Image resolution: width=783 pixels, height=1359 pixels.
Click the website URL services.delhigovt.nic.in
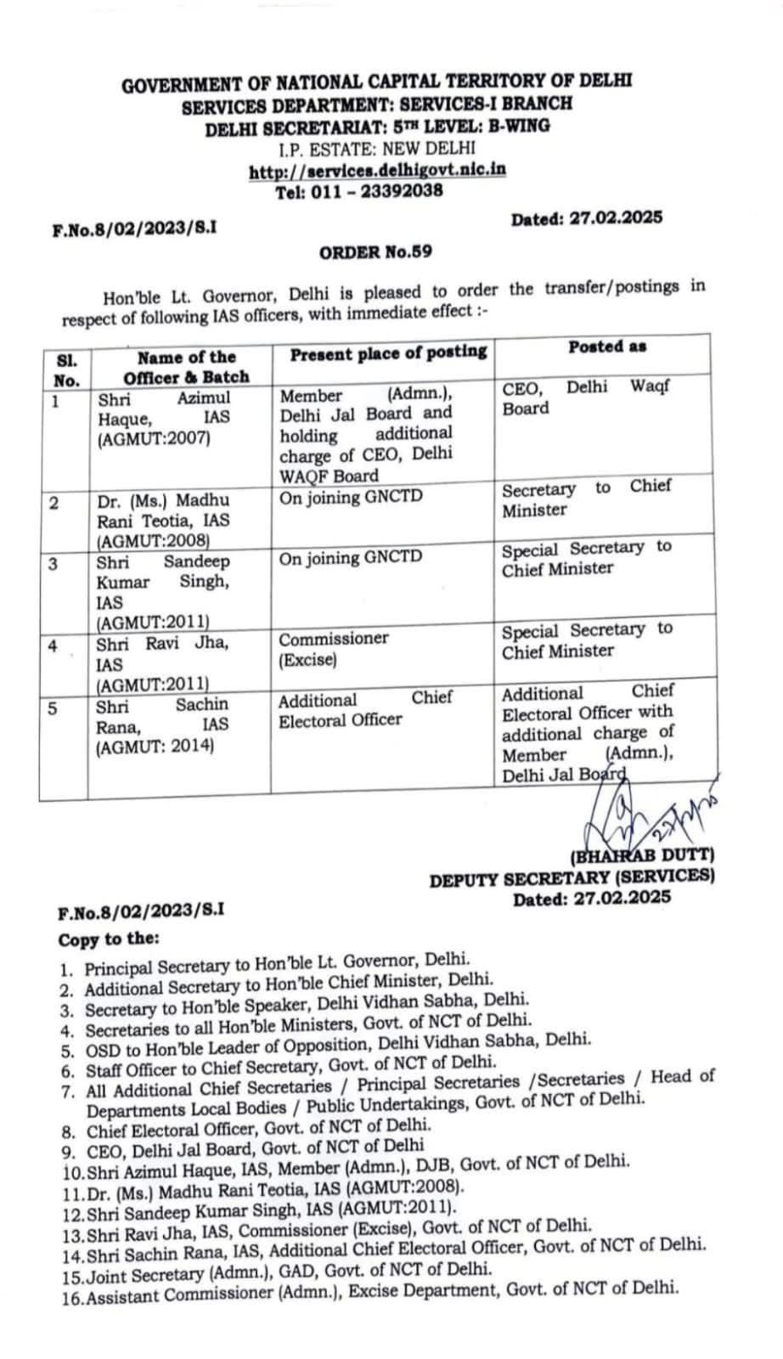[x=377, y=170]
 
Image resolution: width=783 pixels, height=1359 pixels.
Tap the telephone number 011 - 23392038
[x=358, y=191]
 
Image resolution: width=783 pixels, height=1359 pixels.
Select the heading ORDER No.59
[x=375, y=251]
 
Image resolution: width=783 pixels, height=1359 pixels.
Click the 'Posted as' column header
[x=607, y=347]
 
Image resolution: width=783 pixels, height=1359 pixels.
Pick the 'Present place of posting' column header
[x=388, y=352]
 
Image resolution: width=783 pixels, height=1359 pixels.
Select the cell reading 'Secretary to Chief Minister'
[x=586, y=499]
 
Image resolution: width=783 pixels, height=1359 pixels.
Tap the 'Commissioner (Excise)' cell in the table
[x=334, y=649]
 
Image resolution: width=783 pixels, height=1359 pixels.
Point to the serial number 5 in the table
[x=54, y=708]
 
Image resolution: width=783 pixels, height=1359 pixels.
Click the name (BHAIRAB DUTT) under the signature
[x=643, y=856]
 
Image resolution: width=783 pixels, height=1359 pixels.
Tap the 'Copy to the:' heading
[x=109, y=939]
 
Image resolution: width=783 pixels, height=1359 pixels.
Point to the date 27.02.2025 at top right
[x=586, y=218]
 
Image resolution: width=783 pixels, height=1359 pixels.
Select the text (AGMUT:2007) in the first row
[x=154, y=439]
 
